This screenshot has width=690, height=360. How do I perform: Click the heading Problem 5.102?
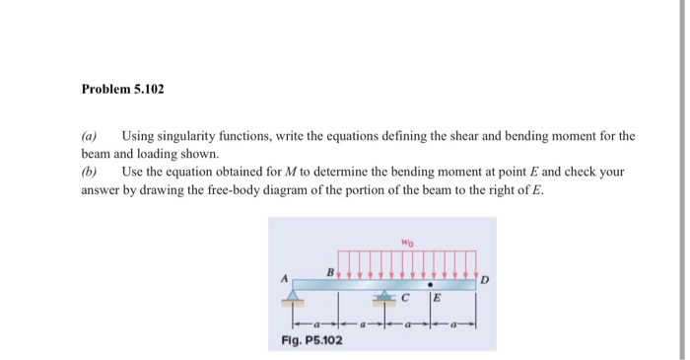coord(122,90)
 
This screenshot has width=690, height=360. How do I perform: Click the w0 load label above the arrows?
coord(407,241)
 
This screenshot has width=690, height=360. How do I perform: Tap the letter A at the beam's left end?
coord(283,279)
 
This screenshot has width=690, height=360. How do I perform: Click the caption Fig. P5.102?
coord(306,341)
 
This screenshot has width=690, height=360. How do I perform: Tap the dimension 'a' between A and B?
coord(315,324)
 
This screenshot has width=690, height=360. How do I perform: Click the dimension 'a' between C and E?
coord(407,324)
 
